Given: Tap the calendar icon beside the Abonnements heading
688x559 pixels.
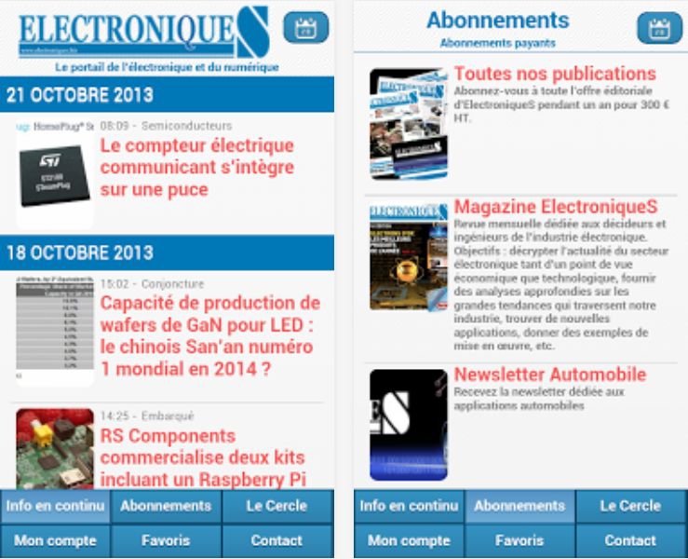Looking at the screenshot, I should point(659,27).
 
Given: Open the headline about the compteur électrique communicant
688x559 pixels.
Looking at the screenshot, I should point(197,168).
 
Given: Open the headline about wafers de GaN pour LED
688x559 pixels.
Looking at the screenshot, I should point(210,335).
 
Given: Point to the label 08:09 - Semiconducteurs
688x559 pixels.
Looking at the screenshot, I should point(166,126).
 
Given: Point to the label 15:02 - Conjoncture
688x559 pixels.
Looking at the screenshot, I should point(152,283).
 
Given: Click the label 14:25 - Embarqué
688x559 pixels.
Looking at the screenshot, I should point(147,416).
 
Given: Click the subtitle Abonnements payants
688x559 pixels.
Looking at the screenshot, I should point(497,43).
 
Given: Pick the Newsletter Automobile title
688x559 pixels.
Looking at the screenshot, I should point(550,375).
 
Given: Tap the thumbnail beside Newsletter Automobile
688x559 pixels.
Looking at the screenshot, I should point(408,424).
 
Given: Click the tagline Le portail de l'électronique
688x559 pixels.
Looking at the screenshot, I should point(167,67).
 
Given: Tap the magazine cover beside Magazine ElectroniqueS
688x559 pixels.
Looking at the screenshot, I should point(408,255).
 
